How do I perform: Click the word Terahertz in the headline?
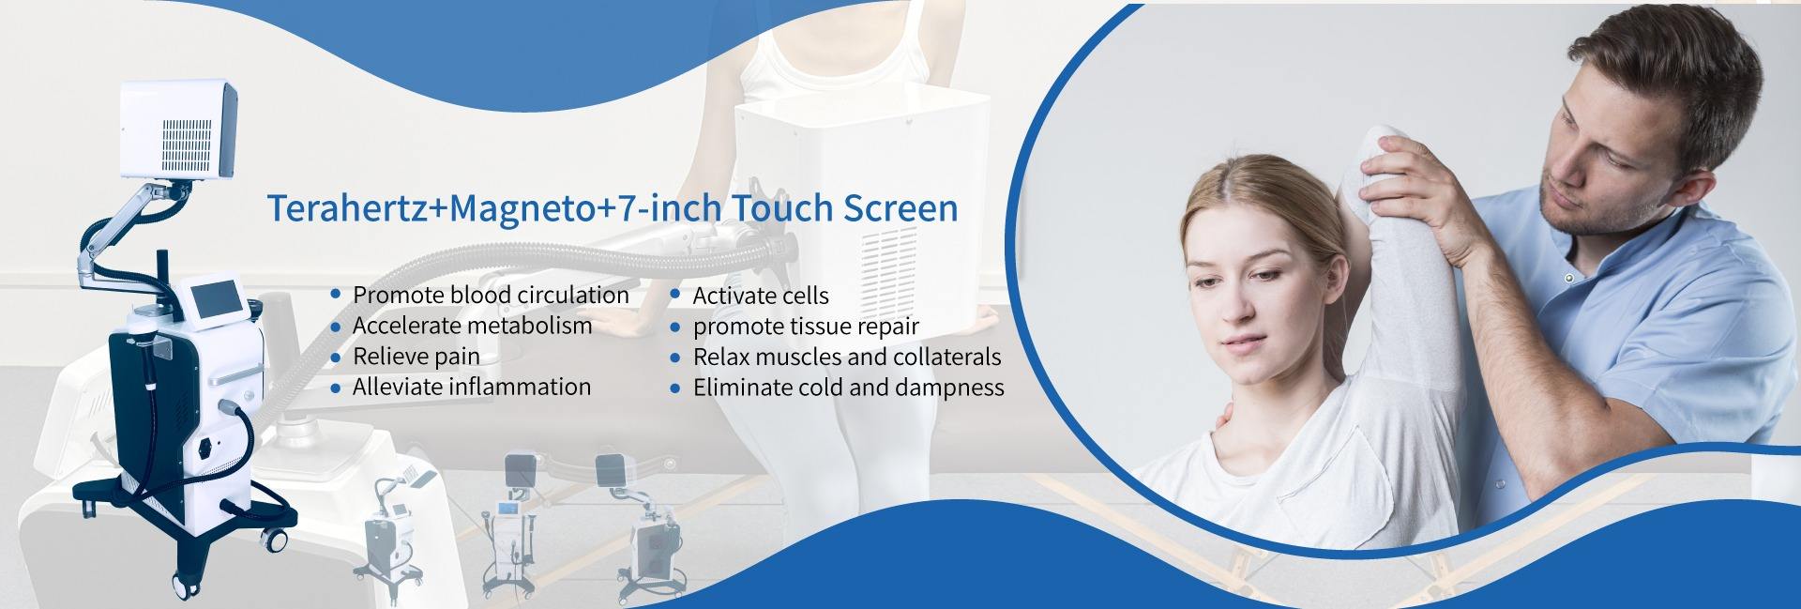pyautogui.click(x=347, y=208)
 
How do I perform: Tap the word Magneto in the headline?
pyautogui.click(x=522, y=209)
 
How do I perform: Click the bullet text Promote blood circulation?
pyautogui.click(x=491, y=295)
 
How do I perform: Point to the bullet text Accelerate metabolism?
pyautogui.click(x=472, y=326)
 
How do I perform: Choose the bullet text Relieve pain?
pyautogui.click(x=416, y=357)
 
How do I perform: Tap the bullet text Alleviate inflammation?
pyautogui.click(x=471, y=387)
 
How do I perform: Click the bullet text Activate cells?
pyautogui.click(x=761, y=296)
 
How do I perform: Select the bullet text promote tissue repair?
pyautogui.click(x=806, y=327)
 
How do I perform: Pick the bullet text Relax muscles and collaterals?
pyautogui.click(x=847, y=357)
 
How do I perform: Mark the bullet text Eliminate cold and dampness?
pyautogui.click(x=848, y=388)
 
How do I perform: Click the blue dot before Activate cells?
pyautogui.click(x=674, y=295)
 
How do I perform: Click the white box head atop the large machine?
pyautogui.click(x=177, y=129)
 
